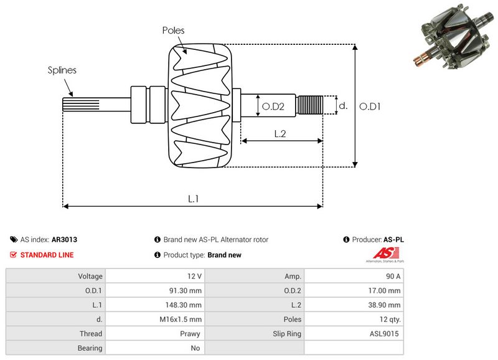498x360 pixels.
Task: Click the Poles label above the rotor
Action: tap(173, 30)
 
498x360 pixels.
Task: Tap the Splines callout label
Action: tap(62, 70)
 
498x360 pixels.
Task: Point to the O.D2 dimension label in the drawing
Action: tap(273, 107)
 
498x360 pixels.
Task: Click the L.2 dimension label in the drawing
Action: tap(280, 133)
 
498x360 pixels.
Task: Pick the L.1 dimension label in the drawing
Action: tap(194, 199)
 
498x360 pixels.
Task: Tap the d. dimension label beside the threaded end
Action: tap(342, 106)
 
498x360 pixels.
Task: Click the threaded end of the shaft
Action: tap(309, 105)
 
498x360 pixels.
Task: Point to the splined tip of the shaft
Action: tap(73, 105)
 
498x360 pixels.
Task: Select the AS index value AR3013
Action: tap(64, 239)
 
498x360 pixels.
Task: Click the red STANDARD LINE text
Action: tap(47, 255)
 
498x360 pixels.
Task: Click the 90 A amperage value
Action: tap(393, 276)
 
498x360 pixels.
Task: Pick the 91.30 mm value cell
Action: tap(186, 290)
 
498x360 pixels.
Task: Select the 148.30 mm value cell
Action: tap(184, 305)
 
